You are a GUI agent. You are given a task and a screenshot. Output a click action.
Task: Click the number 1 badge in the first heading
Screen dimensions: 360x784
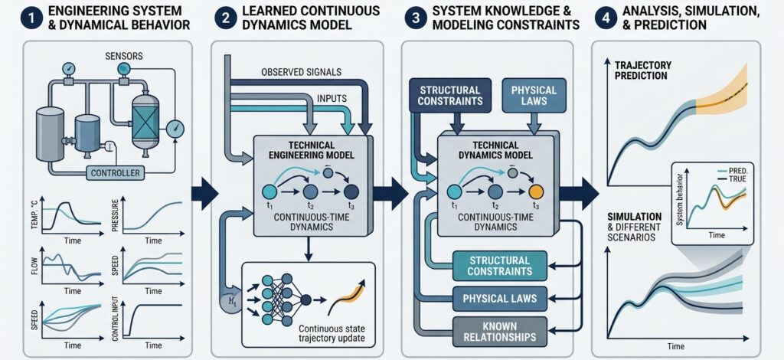coord(15,18)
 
